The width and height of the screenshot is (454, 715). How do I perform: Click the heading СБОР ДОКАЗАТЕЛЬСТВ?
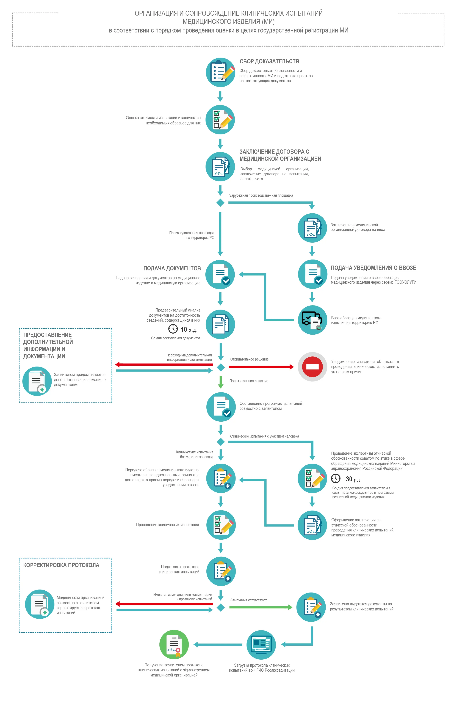coord(269,61)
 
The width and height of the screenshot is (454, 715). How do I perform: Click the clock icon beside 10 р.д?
coord(173,329)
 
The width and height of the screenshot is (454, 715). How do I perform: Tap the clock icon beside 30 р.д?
coord(336,478)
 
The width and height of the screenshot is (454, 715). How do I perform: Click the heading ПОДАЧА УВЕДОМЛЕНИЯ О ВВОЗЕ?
coord(373,268)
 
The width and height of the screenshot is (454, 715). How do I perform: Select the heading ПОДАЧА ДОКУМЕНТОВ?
coord(172,268)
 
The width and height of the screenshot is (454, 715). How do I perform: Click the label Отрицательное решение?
coord(249,359)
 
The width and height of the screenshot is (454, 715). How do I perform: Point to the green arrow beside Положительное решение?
coord(220,382)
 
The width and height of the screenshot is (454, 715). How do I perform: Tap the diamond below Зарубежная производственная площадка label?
coord(220,203)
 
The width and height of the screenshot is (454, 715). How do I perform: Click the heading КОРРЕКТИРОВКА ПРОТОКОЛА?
coord(61,565)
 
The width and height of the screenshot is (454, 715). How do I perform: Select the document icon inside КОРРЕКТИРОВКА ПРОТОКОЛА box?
coord(40,604)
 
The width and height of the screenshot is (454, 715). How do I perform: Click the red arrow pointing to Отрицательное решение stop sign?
coord(261,367)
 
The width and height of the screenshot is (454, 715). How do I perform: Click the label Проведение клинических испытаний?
coord(167,525)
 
